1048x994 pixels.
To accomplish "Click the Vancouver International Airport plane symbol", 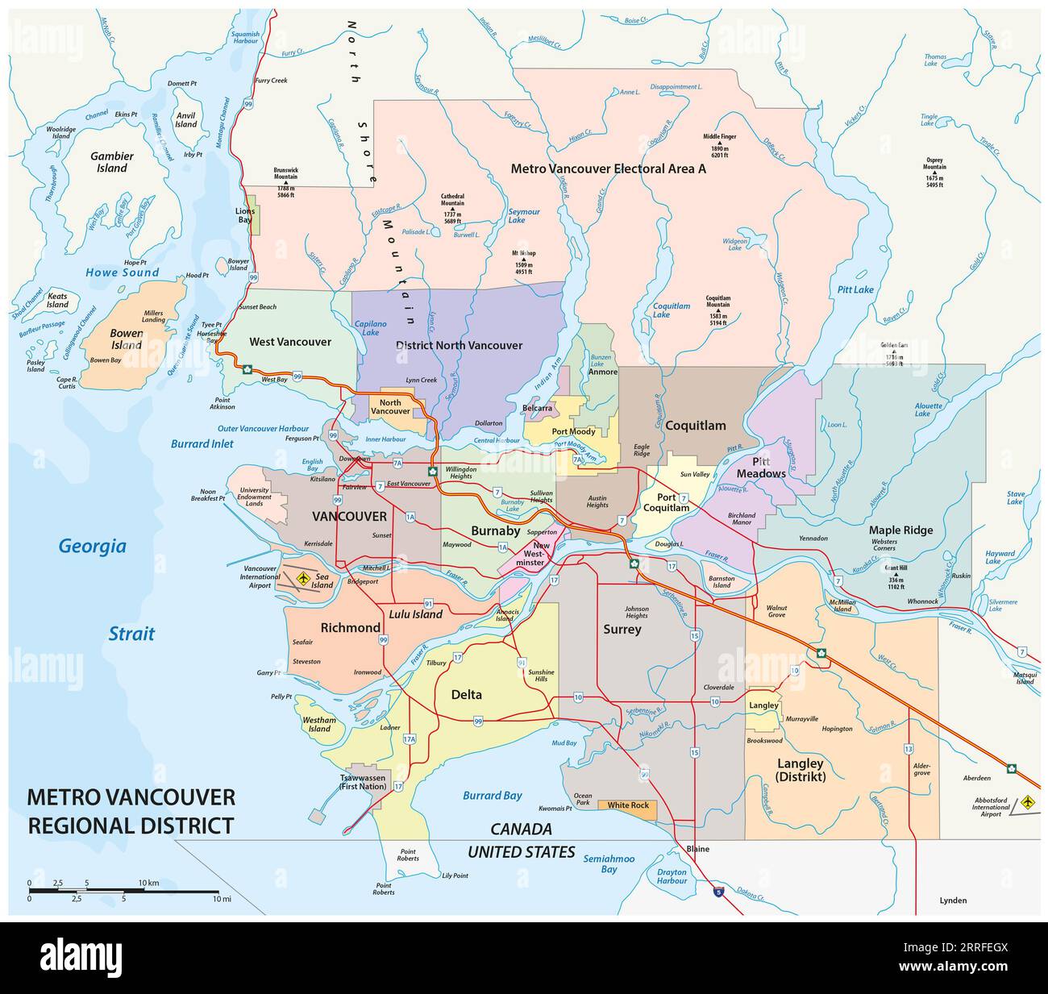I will [x=303, y=578].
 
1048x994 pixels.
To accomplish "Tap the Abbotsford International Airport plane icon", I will [x=1028, y=802].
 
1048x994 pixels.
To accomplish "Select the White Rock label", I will [x=628, y=805].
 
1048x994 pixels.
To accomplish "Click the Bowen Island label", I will [x=127, y=339].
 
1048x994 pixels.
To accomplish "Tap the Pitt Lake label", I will [x=855, y=289].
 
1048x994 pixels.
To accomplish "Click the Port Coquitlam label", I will [x=666, y=503].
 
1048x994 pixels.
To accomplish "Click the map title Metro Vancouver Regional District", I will [x=131, y=811].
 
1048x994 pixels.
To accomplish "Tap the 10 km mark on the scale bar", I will [x=148, y=883].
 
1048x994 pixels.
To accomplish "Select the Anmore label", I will [x=602, y=372].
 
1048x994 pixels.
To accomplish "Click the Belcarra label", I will [x=537, y=408].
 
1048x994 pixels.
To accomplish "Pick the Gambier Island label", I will [x=112, y=162].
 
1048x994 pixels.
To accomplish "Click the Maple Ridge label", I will [x=900, y=530].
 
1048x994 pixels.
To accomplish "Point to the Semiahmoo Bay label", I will [x=609, y=863].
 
